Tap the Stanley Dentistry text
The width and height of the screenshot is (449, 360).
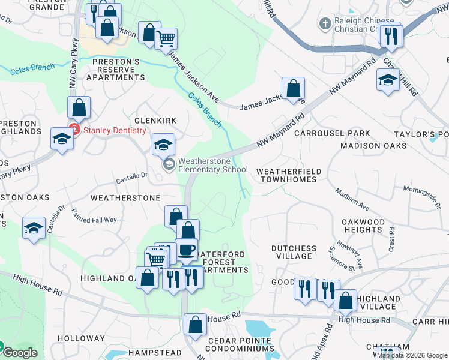coord(115,130)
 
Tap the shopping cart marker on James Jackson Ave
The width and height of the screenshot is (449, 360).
coord(166,40)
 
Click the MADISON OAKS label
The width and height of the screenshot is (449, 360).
coord(369,146)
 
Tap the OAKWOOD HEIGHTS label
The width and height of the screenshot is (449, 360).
coord(363,226)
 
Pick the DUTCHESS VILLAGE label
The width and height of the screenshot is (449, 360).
coord(294,252)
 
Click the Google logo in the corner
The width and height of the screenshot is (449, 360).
coord(20,353)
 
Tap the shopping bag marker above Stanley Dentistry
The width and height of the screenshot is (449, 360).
coord(79,108)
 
